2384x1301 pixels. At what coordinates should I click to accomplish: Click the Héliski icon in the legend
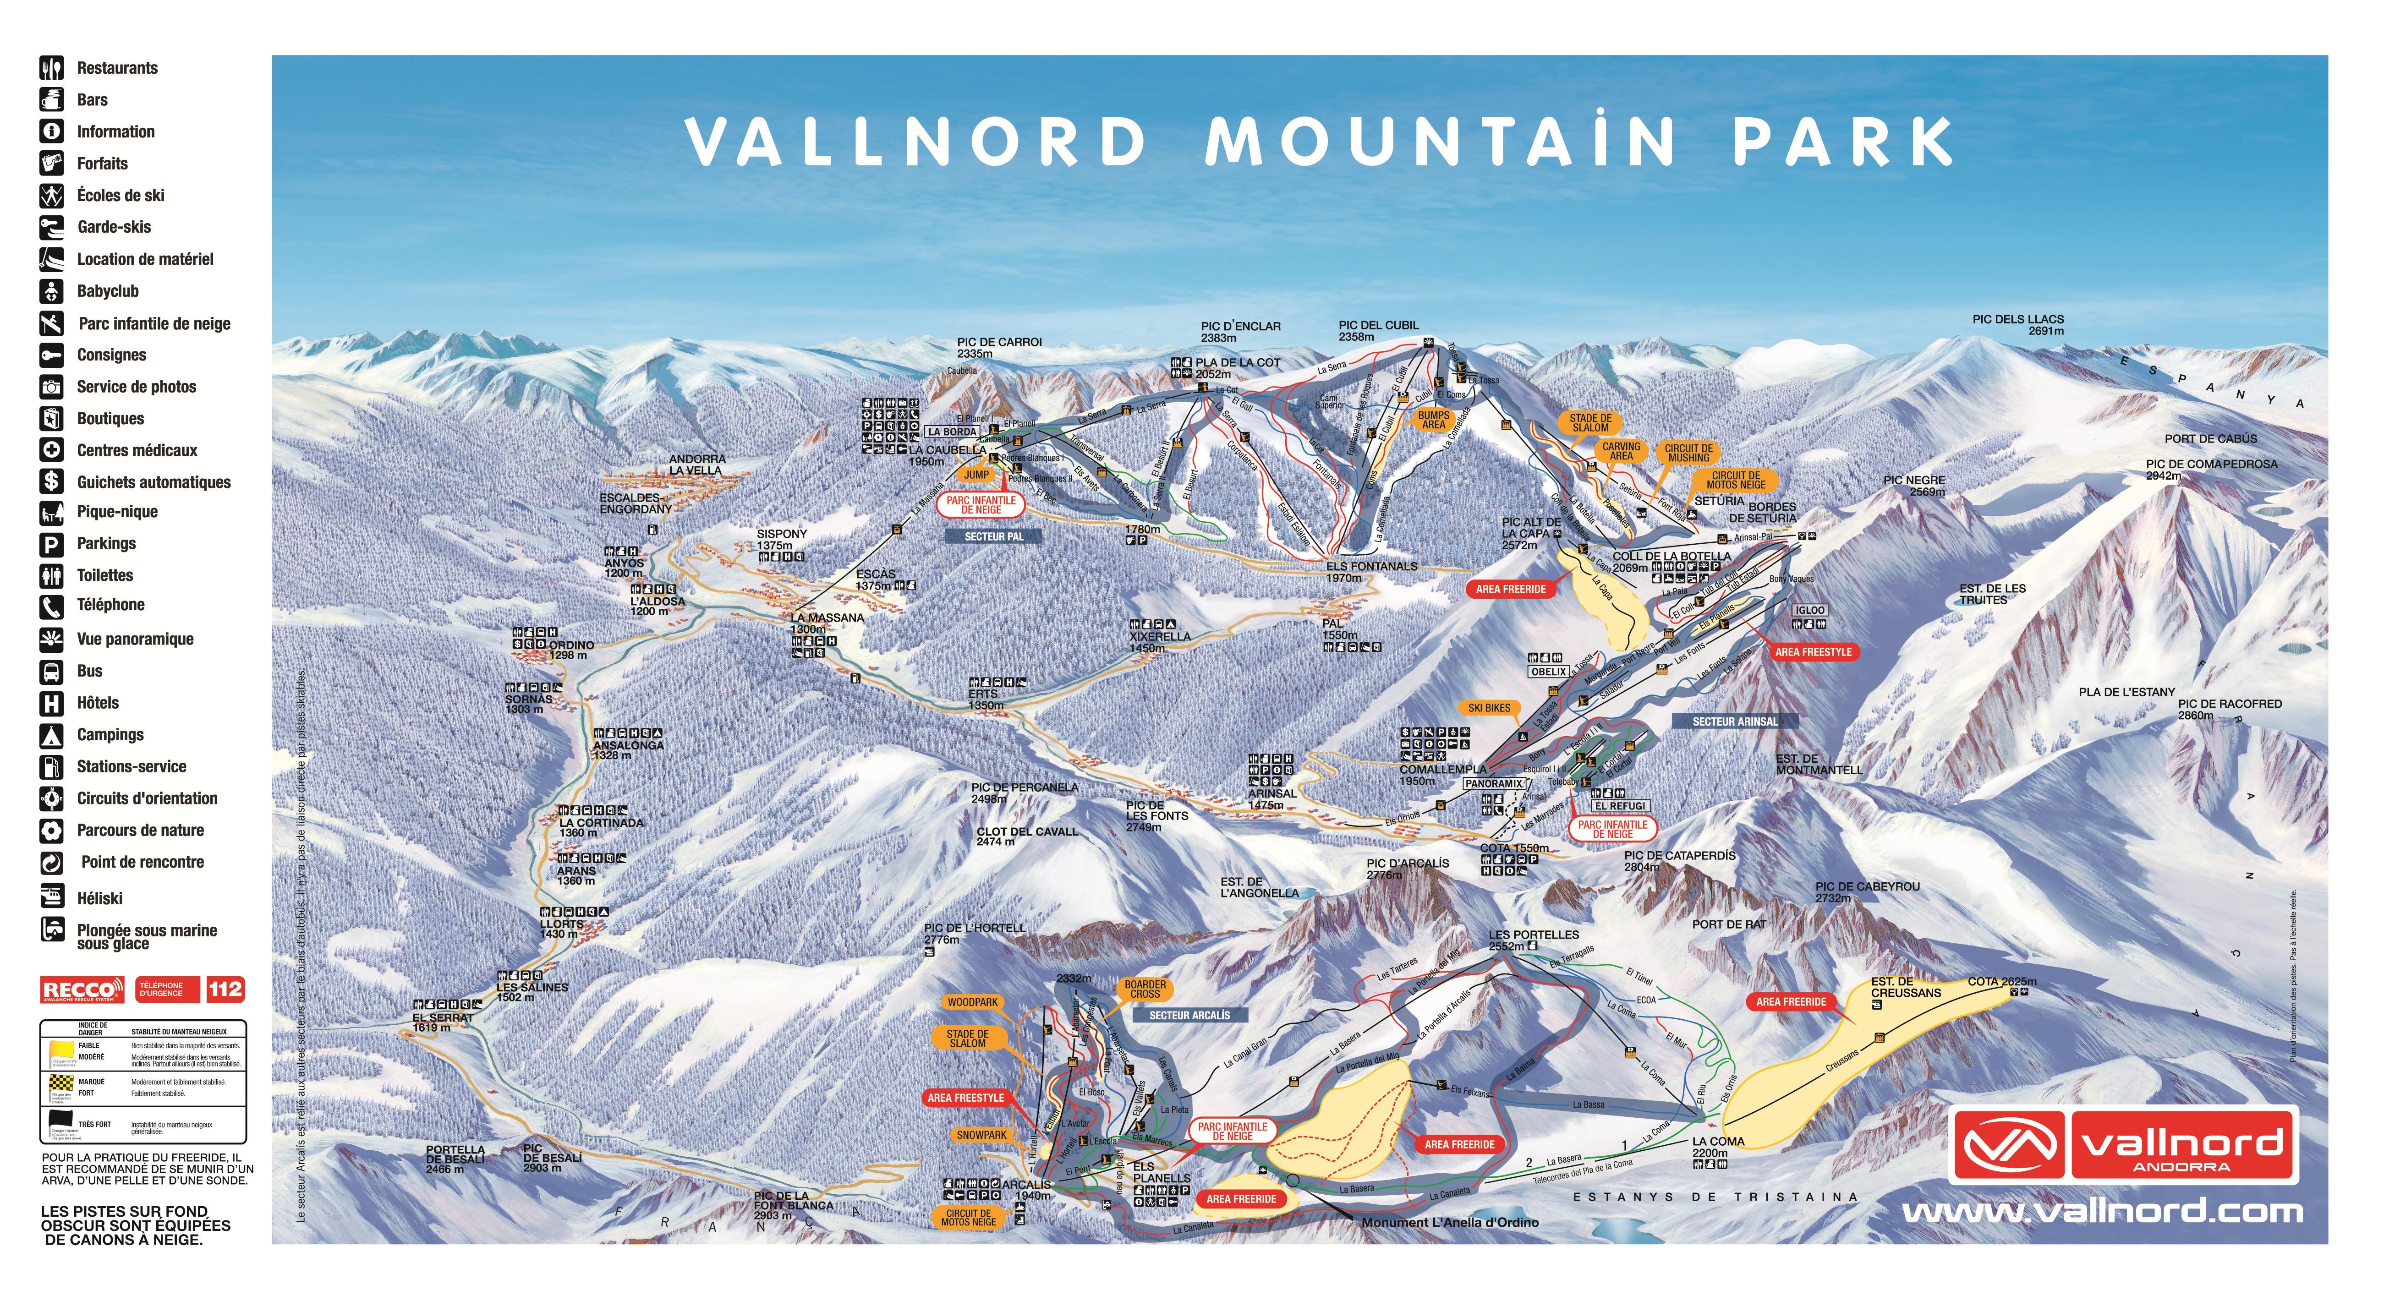tap(52, 896)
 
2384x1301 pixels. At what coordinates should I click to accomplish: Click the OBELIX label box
tap(1548, 672)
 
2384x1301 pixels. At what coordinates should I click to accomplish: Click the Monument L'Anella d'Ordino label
tap(1449, 1222)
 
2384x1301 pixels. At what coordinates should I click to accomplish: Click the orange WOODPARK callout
tap(973, 1002)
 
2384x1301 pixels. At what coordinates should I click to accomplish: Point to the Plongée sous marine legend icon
tap(52, 929)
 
